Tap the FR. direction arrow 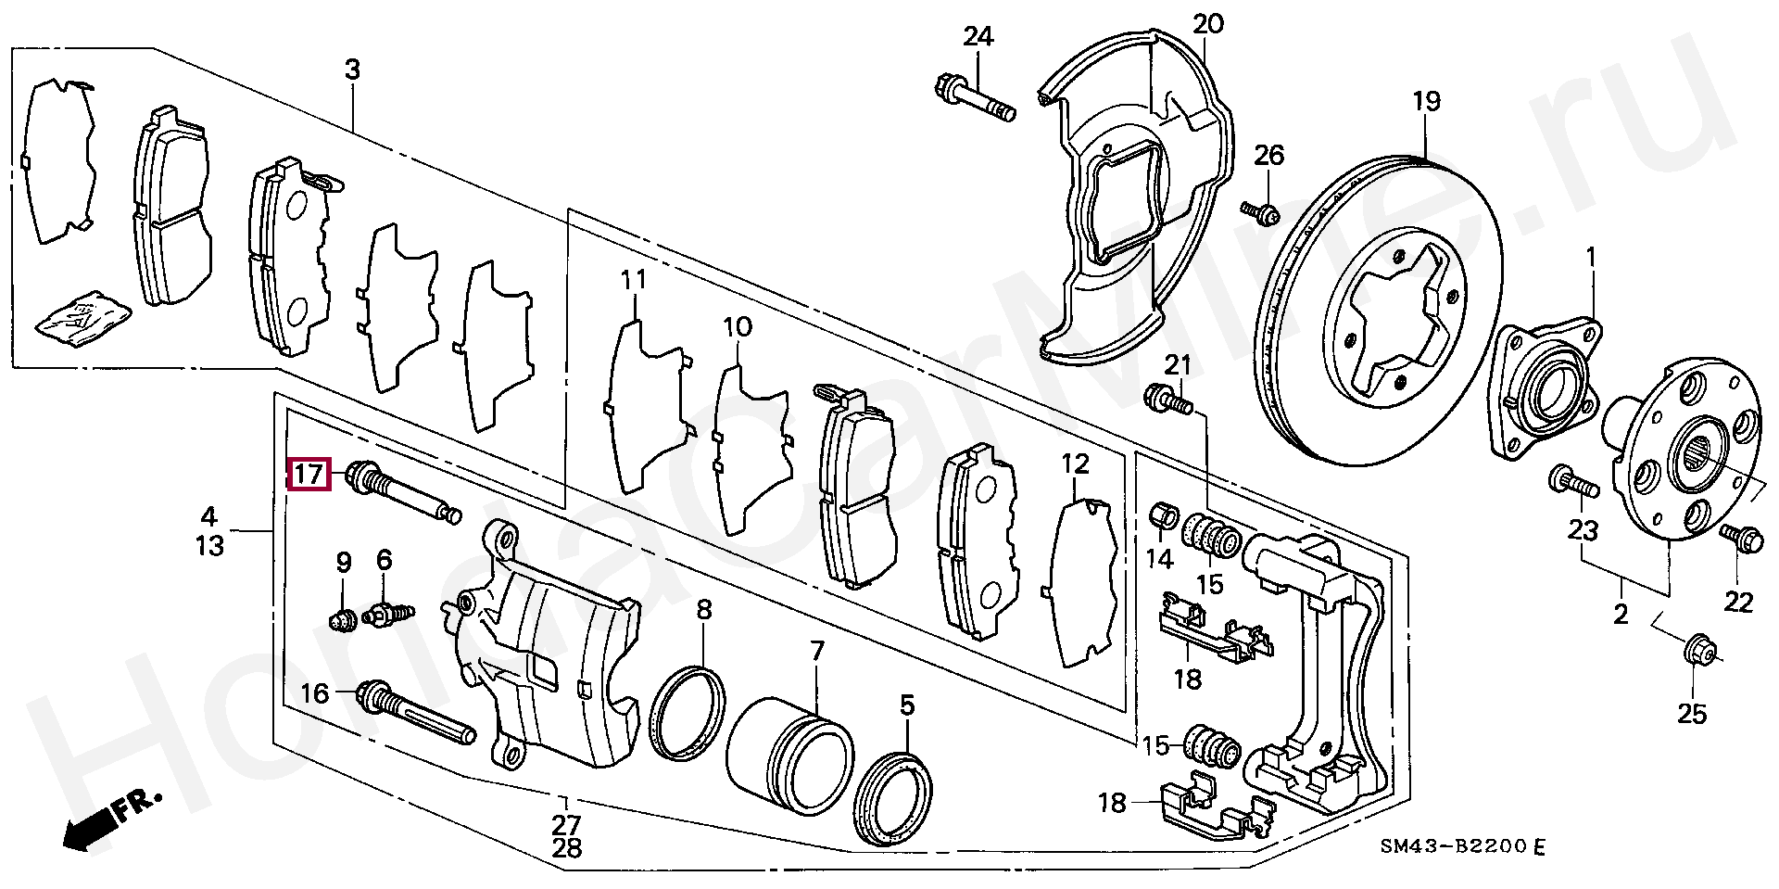107,819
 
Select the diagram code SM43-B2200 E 1462,847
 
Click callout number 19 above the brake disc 1428,100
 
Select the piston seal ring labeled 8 688,713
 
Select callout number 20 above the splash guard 1208,23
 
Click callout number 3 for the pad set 352,70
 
